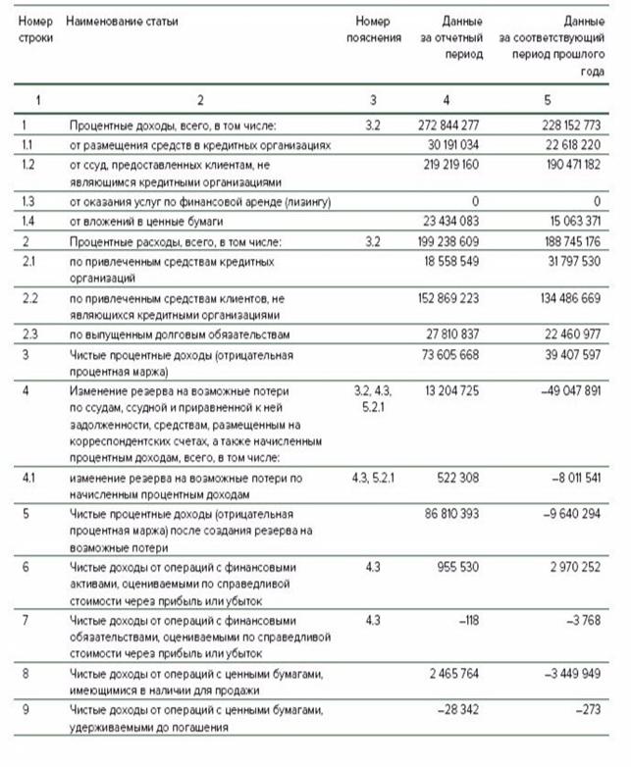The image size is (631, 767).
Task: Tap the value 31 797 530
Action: click(567, 261)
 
